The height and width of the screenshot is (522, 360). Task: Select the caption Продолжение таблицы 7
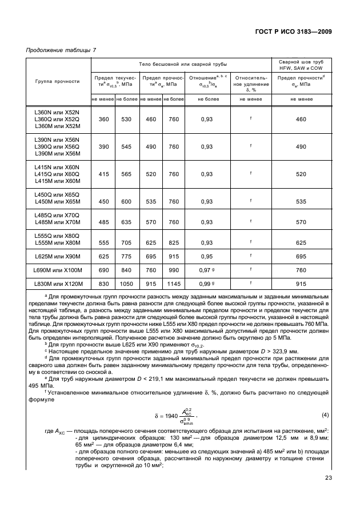(61, 51)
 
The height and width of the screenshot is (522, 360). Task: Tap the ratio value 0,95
(207, 256)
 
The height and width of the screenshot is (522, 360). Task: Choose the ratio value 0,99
(205, 284)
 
